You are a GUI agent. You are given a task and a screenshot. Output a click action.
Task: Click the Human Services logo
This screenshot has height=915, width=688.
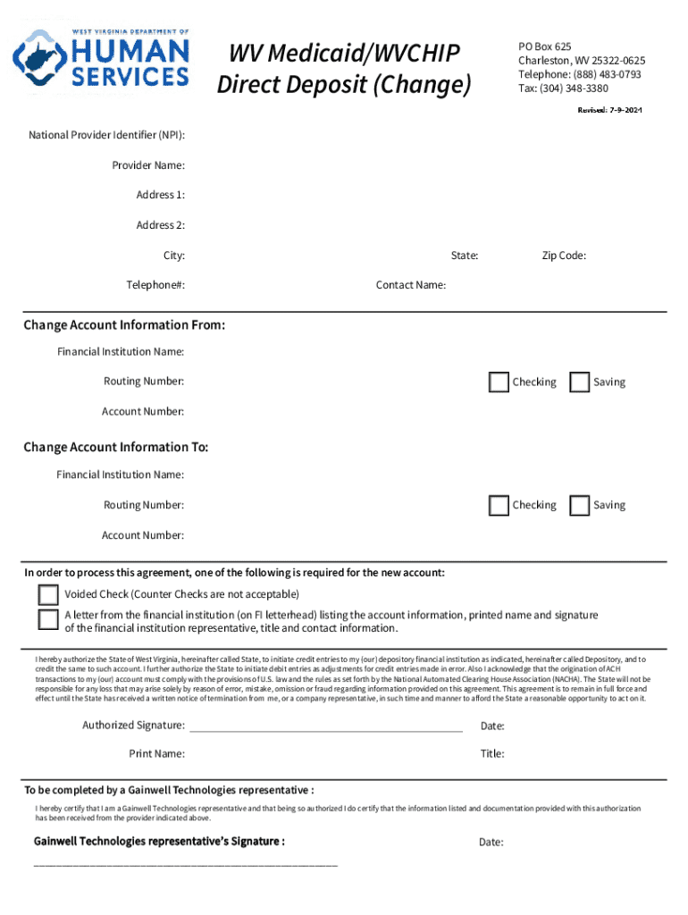tap(100, 60)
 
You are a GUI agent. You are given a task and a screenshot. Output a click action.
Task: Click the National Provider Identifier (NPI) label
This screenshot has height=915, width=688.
tap(107, 136)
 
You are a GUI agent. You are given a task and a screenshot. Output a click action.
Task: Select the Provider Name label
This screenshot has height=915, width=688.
tap(148, 165)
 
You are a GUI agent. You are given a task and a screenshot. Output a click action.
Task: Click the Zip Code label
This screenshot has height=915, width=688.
tap(564, 256)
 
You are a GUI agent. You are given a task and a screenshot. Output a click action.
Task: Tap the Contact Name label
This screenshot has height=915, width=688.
tap(411, 285)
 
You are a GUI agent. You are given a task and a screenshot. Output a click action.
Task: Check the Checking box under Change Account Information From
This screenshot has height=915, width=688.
tap(499, 382)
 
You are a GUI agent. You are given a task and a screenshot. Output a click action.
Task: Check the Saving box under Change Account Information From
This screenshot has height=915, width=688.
tap(580, 382)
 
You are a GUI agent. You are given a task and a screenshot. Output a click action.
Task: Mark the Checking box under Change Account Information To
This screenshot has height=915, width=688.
tap(499, 506)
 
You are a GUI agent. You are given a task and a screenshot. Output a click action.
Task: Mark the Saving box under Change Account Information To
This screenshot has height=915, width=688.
tap(580, 506)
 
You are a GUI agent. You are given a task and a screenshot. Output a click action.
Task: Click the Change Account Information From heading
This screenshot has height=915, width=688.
tap(124, 325)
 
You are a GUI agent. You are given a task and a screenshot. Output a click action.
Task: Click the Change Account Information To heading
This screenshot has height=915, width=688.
tap(115, 447)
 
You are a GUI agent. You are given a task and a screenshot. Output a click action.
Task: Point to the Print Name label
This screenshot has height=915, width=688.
tap(157, 754)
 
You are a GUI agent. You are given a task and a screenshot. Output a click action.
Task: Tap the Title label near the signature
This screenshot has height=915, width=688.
tap(492, 754)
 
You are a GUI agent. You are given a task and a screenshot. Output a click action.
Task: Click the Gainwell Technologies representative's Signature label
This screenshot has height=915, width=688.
tap(160, 842)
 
